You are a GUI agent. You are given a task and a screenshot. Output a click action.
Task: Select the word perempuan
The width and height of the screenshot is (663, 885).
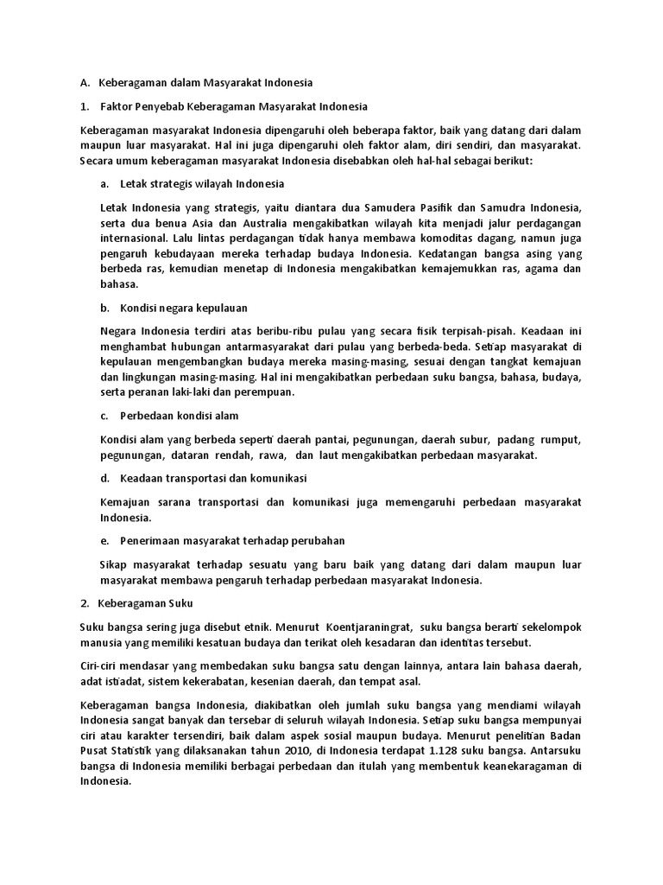(264, 392)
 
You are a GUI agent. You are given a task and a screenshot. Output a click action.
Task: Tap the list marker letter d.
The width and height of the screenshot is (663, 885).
(104, 478)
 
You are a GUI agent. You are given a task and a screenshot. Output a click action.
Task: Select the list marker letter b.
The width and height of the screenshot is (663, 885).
(104, 307)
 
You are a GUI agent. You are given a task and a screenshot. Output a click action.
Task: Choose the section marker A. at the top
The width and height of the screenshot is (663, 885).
(85, 84)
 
